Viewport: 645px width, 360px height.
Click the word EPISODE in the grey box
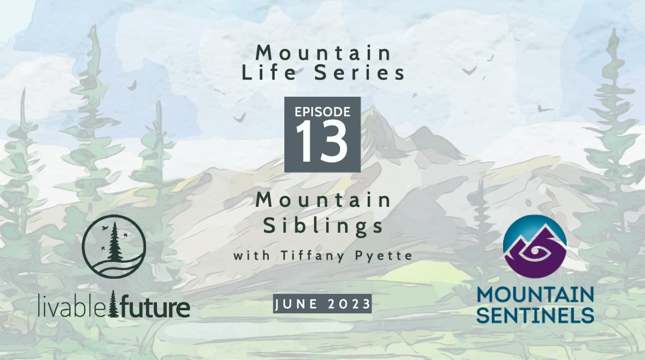(x=322, y=112)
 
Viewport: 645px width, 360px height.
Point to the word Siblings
(x=323, y=226)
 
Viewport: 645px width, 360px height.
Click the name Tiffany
(x=313, y=256)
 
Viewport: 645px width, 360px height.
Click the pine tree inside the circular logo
(x=113, y=240)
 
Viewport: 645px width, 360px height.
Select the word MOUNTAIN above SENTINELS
(x=535, y=296)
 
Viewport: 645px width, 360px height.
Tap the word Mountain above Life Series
(x=323, y=53)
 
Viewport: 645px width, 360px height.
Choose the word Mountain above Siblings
(x=323, y=201)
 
